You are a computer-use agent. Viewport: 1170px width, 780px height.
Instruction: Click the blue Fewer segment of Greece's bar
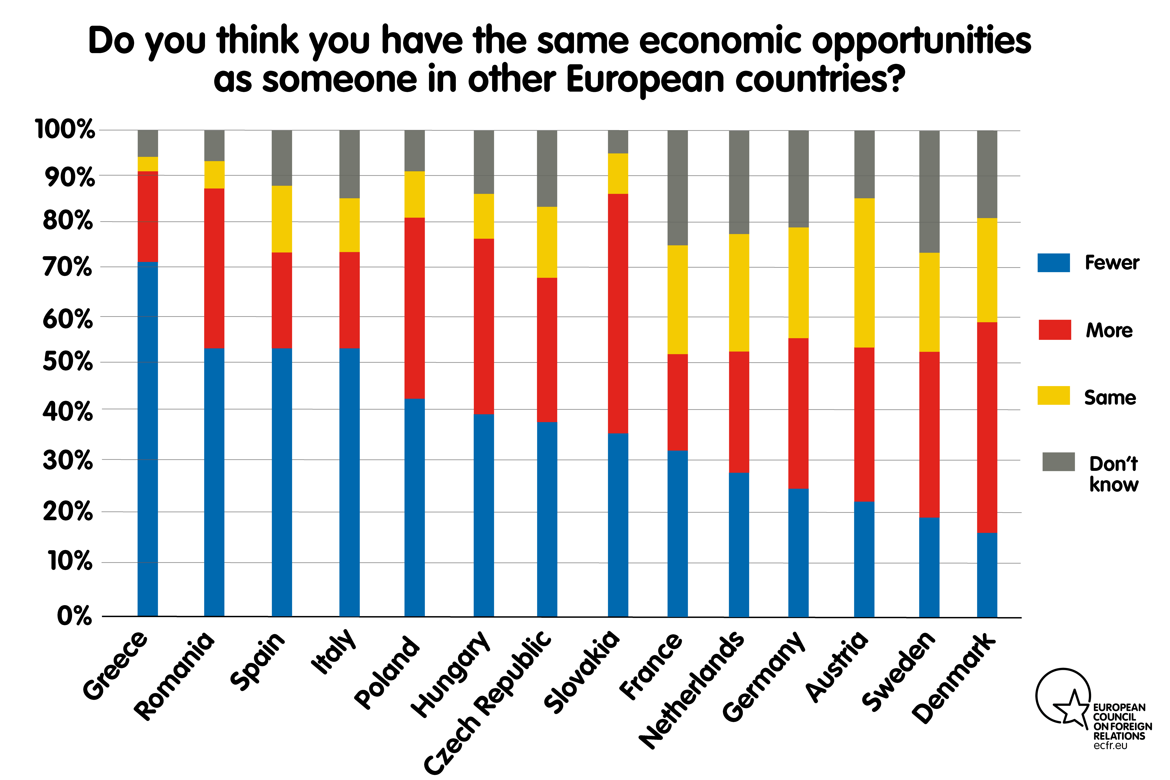point(148,439)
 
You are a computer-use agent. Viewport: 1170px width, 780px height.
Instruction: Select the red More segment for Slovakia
point(618,313)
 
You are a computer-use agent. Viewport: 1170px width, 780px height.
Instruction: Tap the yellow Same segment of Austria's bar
point(864,273)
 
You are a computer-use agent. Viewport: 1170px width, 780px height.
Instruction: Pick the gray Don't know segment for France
point(678,188)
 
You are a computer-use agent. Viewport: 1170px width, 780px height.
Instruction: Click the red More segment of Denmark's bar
point(987,427)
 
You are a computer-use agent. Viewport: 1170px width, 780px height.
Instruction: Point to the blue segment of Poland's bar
point(414,507)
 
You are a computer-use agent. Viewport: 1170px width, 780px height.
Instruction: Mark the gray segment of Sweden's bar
point(929,192)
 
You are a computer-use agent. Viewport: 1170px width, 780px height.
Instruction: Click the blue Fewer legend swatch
point(1054,263)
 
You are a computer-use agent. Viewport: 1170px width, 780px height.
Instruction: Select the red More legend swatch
point(1055,330)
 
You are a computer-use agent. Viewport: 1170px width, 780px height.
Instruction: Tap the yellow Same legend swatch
point(1054,395)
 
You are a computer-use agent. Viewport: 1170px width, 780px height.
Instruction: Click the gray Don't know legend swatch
point(1059,462)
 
